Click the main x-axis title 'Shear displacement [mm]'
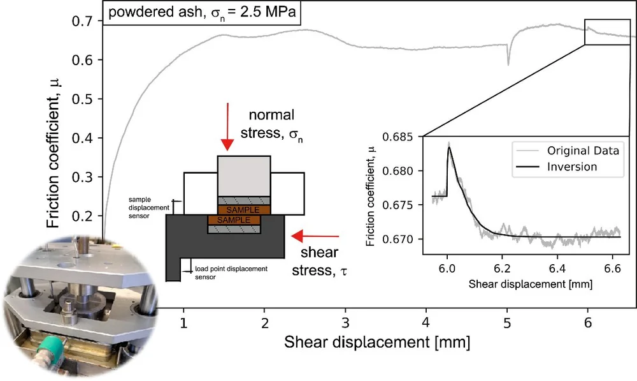pos(377,343)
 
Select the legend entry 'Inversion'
pos(572,167)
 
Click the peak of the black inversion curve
pos(448,147)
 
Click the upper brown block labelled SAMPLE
pos(244,209)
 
